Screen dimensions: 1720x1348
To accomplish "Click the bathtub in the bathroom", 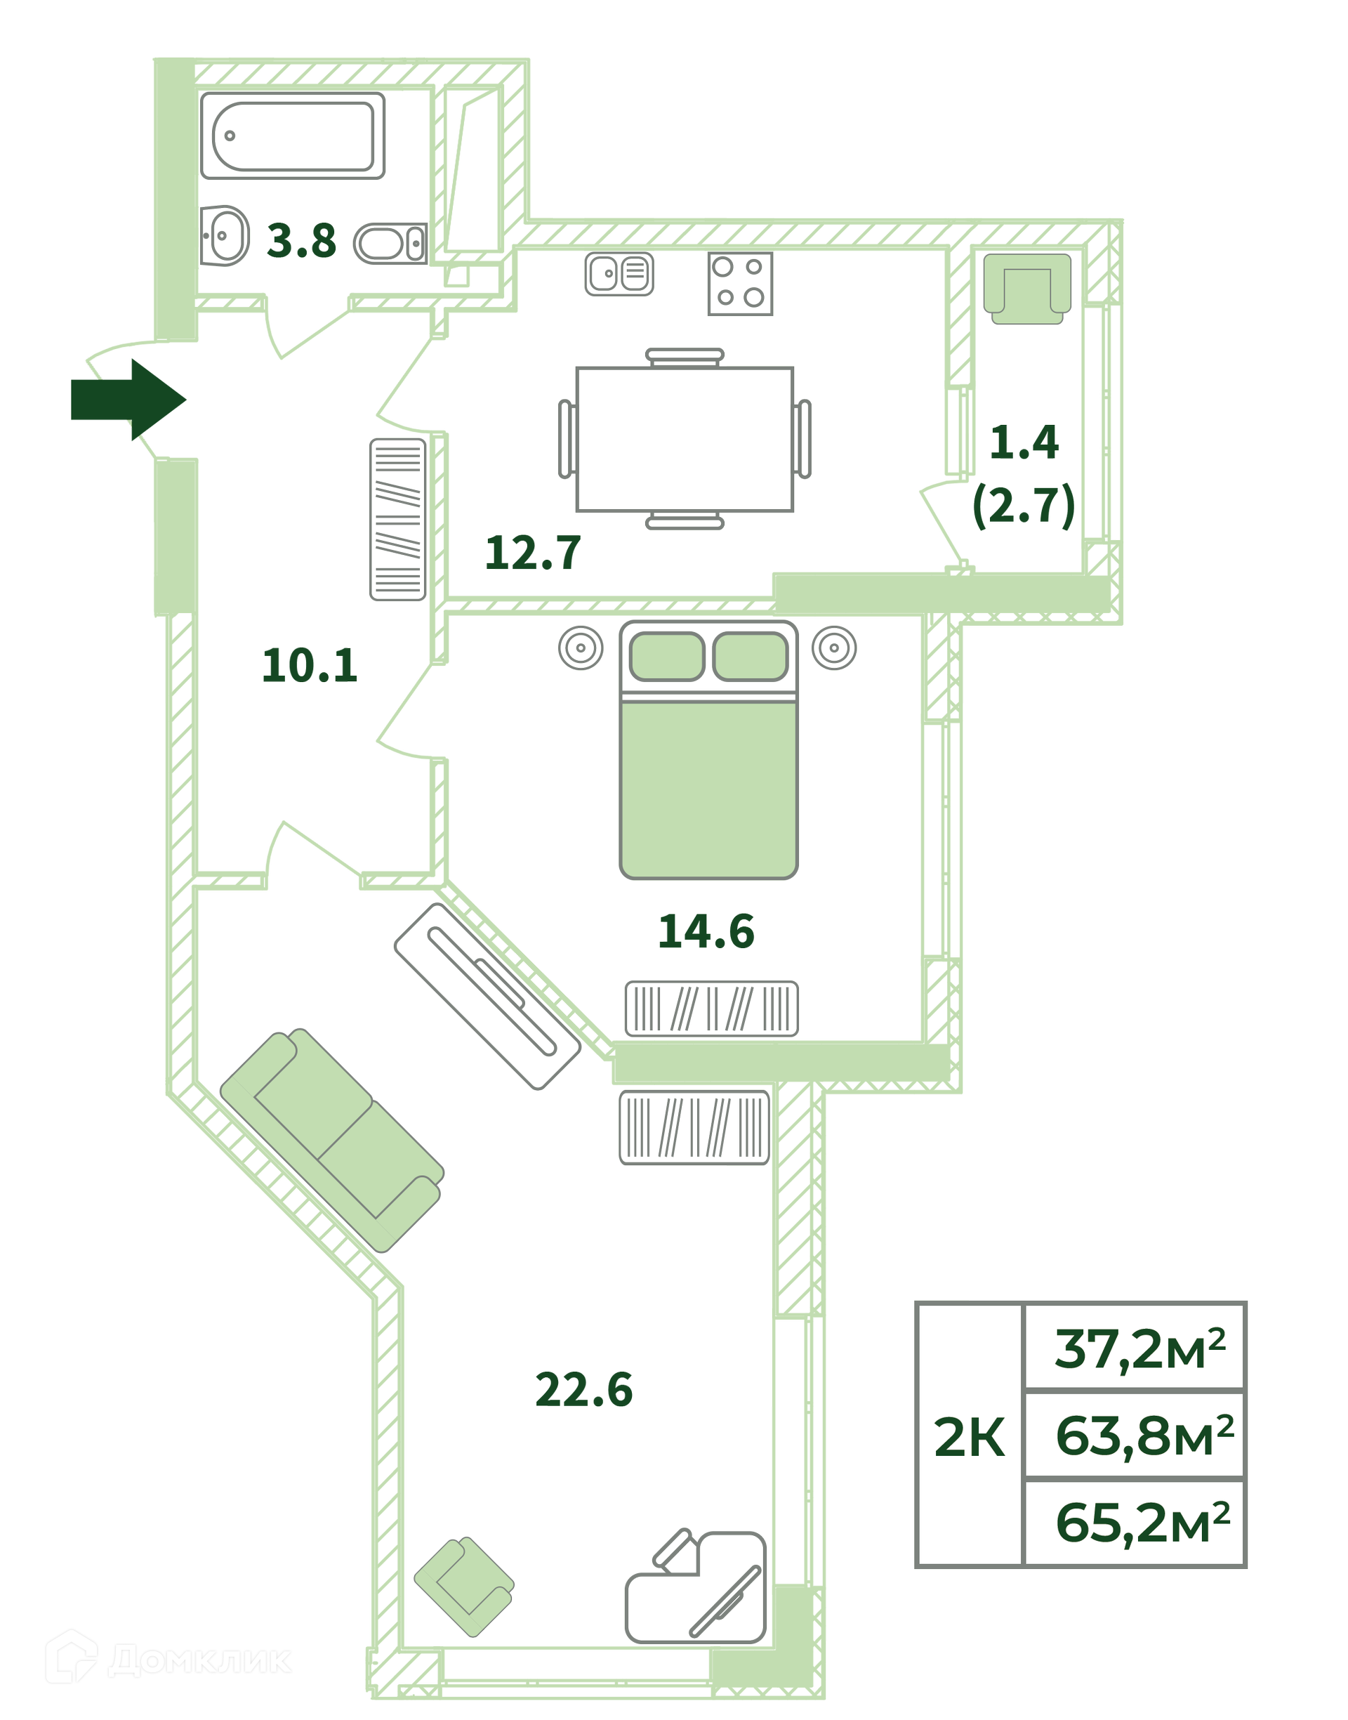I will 292,136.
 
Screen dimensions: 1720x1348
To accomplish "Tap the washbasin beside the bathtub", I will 224,235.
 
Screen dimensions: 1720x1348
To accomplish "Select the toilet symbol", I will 390,243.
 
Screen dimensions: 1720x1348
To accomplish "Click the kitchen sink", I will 619,274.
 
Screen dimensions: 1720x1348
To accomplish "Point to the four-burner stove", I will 739,283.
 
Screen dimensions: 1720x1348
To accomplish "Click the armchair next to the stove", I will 1026,288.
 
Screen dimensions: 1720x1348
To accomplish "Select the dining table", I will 685,439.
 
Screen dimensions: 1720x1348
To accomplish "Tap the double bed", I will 708,750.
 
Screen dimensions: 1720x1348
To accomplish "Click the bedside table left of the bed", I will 581,648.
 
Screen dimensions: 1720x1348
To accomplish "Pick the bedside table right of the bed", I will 834,648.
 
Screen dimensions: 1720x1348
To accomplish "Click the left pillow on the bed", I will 667,656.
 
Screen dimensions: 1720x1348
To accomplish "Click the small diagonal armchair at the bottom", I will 464,1587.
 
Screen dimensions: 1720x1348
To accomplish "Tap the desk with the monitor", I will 695,1589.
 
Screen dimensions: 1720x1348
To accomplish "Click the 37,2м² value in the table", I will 1139,1349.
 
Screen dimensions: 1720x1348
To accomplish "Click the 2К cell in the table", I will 969,1437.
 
